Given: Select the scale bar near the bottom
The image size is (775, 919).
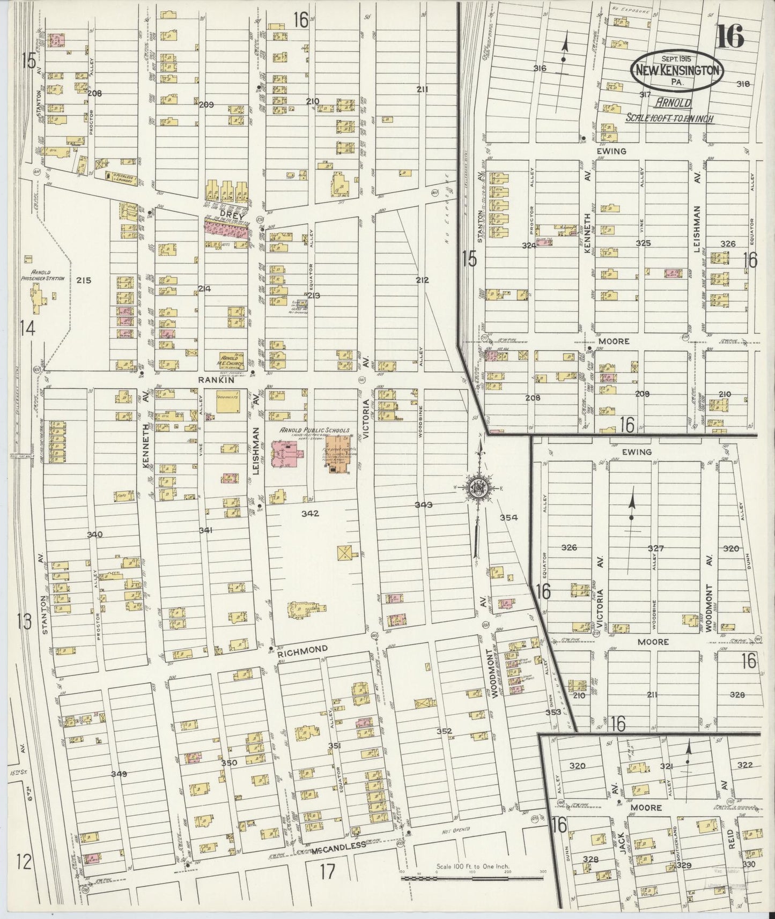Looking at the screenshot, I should click(472, 876).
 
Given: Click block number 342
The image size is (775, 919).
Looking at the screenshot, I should click(310, 513).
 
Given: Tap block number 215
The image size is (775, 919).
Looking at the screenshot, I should click(84, 280).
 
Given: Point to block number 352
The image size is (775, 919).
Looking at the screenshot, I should click(445, 731).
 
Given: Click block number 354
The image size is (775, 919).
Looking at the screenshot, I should click(508, 517).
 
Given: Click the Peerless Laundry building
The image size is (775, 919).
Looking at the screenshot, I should click(121, 176).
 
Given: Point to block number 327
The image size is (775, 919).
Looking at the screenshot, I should click(655, 548).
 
